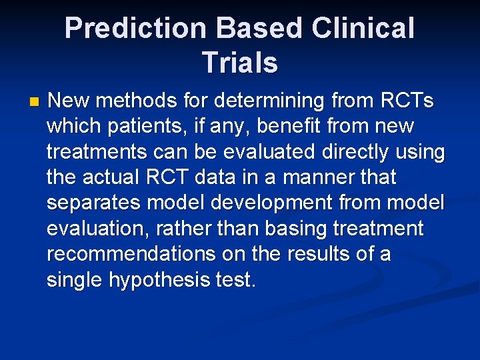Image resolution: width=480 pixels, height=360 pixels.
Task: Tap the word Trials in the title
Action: click(x=239, y=63)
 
